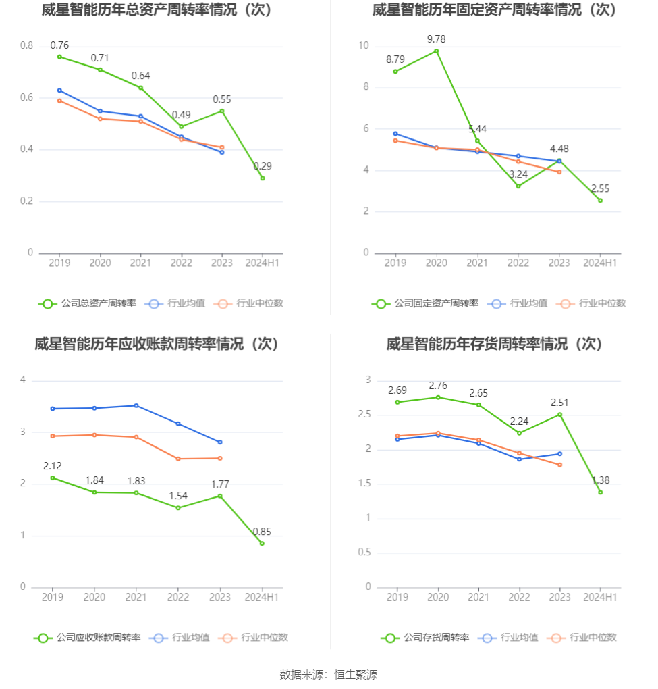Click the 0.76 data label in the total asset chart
click(59, 45)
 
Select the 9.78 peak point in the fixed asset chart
click(437, 51)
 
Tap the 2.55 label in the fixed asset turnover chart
click(600, 189)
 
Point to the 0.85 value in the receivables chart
click(262, 532)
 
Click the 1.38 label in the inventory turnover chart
click(600, 480)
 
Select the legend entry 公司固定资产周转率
click(426, 303)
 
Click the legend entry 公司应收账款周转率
click(88, 637)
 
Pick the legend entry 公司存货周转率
click(426, 637)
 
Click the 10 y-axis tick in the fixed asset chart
click(363, 46)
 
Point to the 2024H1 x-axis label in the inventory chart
click(600, 597)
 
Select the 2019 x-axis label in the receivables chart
click(53, 597)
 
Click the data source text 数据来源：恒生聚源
click(329, 674)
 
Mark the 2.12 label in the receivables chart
click(53, 467)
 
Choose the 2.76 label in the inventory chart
click(438, 386)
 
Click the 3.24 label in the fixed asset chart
click(518, 174)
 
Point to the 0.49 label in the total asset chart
click(181, 115)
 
